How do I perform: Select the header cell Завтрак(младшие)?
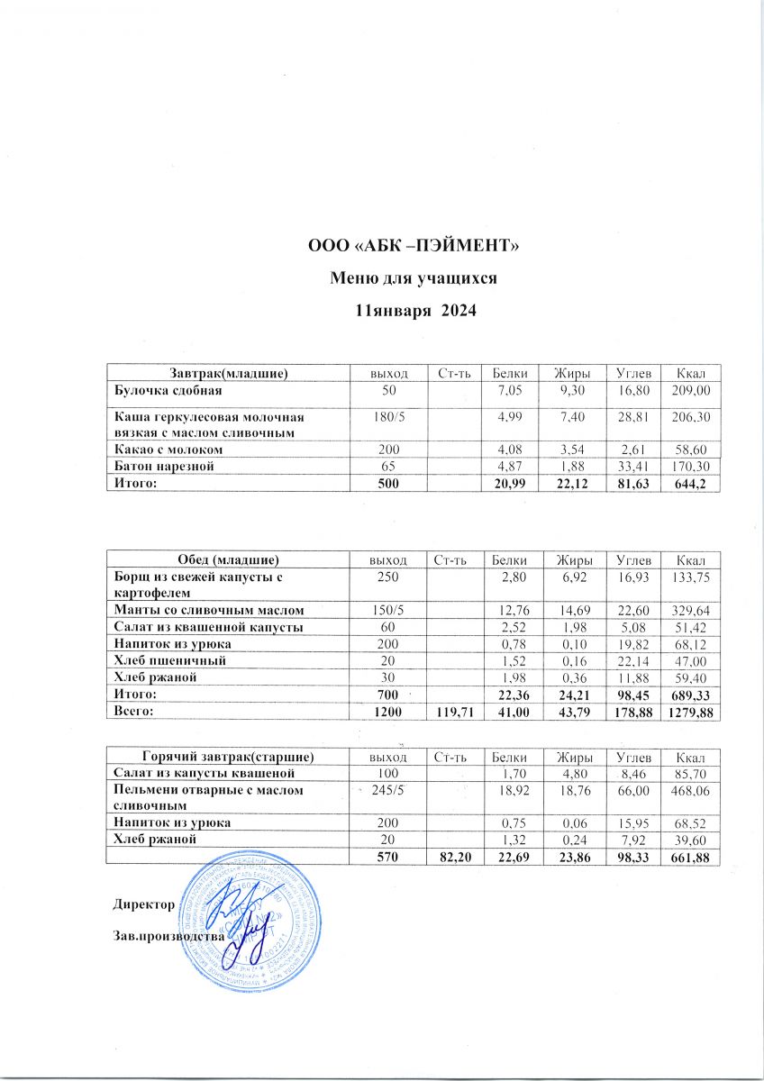(x=228, y=372)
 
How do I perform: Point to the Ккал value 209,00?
(x=692, y=391)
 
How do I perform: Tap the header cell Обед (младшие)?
(x=228, y=560)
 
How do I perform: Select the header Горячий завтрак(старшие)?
(x=228, y=755)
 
